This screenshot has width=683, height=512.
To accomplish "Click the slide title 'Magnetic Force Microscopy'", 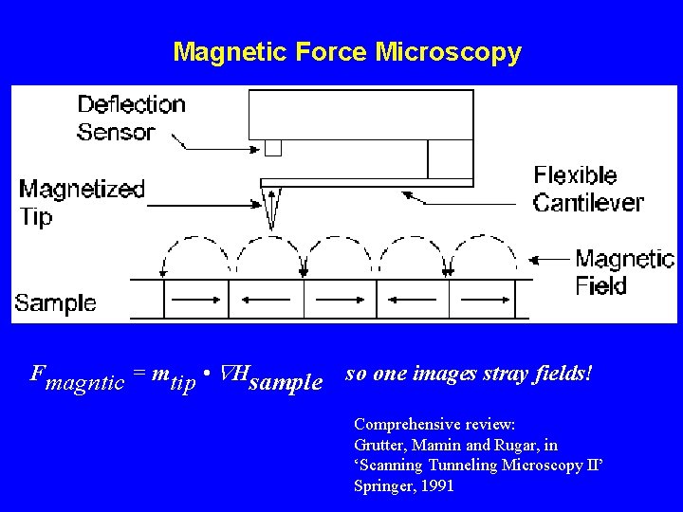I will (347, 51).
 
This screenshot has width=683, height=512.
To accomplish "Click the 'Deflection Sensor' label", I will (131, 118).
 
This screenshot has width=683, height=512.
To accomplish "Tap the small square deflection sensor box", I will (273, 148).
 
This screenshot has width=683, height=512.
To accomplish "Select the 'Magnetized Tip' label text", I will (82, 202).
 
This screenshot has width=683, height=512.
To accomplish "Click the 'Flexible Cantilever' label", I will (587, 189).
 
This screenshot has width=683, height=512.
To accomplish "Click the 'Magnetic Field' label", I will (624, 271).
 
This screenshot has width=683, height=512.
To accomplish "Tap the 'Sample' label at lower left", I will (55, 303).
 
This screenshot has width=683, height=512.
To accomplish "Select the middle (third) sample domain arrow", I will (341, 299).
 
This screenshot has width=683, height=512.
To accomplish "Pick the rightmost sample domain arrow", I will (483, 299).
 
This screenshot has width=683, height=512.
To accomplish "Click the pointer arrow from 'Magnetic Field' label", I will (550, 258).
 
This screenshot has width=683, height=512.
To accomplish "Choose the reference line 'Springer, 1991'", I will (403, 485).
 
